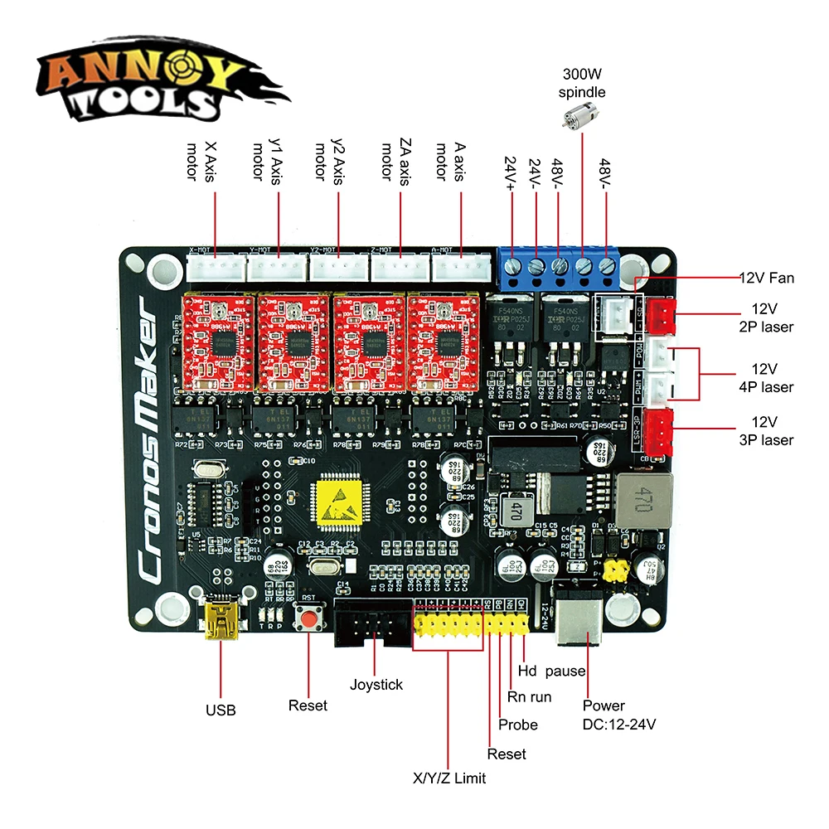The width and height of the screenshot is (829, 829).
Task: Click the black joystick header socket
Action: [372, 623]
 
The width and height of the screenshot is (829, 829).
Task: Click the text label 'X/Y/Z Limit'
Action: [449, 778]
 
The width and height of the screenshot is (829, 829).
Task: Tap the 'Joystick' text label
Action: [376, 684]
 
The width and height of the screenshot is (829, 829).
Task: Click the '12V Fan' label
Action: [766, 278]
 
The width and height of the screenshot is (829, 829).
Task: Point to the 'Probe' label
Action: [518, 725]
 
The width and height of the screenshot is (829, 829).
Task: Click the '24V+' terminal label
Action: [510, 175]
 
